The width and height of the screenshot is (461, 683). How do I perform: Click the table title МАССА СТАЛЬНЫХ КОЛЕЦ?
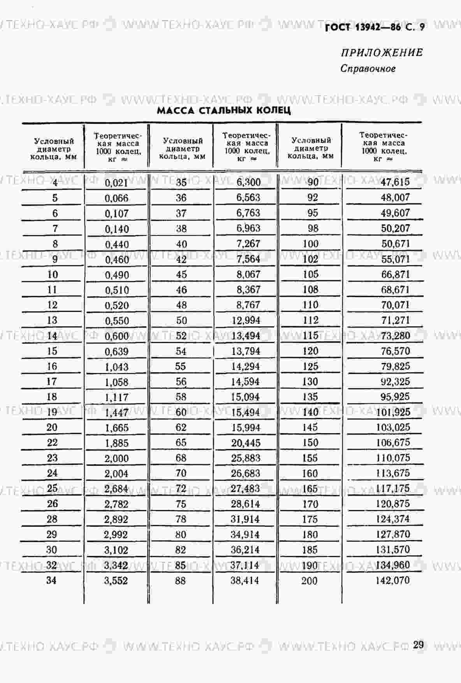[223, 110]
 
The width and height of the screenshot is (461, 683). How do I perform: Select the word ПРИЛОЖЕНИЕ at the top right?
[382, 53]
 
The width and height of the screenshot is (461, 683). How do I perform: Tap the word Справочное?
[368, 68]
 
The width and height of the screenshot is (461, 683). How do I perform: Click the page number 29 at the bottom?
[418, 644]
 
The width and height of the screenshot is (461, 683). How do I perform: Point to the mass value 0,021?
[116, 183]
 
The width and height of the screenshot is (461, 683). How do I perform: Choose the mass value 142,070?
[392, 580]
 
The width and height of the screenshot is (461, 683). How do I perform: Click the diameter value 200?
[309, 581]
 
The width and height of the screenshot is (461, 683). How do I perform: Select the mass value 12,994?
[245, 320]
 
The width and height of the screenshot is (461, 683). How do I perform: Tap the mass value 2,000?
[116, 458]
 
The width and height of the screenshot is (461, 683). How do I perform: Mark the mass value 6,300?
[248, 182]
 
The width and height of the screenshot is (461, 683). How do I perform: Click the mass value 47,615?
[395, 182]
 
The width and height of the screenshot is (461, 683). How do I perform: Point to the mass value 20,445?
[245, 443]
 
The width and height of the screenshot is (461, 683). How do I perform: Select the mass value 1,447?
[116, 413]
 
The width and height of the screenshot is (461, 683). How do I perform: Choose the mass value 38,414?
[245, 581]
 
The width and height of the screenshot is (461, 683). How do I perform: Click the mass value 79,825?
[395, 366]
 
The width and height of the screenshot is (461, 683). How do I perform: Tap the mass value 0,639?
[116, 351]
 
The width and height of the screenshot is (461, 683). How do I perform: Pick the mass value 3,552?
[116, 581]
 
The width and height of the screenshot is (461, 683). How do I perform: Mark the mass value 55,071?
[395, 259]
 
